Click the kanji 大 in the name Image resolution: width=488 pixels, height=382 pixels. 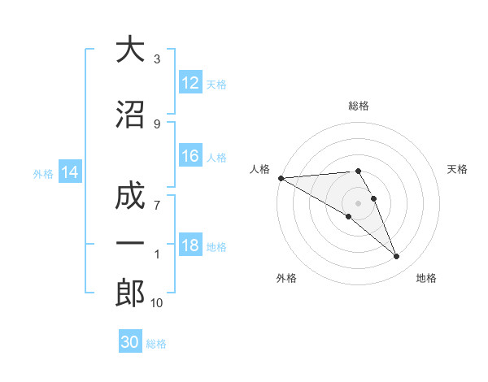pos(130,50)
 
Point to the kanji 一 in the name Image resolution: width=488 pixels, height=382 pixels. pos(130,245)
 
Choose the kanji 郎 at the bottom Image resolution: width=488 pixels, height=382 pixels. pos(130,293)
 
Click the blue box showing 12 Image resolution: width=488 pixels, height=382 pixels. pos(190,83)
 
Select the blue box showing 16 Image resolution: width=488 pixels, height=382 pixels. pos(190,157)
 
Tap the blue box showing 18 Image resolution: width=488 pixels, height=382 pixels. pos(190,245)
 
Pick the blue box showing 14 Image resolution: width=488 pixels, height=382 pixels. pos(70,172)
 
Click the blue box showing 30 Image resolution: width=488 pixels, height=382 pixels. pos(130,342)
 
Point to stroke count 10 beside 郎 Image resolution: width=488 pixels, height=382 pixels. pos(157,303)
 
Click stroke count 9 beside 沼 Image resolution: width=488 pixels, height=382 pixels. pos(157,124)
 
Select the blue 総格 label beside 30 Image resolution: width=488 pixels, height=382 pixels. pos(157,343)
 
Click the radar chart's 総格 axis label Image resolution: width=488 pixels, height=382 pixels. pos(359,106)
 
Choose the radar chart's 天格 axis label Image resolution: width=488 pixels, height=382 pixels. pos(457,169)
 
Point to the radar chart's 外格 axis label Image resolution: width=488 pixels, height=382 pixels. pos(286,278)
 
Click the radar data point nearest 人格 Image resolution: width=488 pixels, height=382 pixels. pos(281,177)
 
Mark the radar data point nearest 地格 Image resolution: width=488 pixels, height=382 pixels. pos(397,257)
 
